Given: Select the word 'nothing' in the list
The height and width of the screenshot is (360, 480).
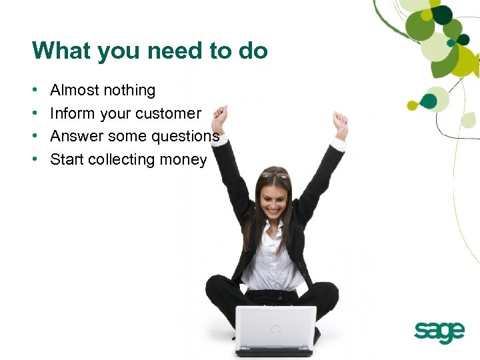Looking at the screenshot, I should point(131,90).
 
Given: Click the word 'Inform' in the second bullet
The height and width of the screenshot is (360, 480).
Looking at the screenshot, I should point(72,113).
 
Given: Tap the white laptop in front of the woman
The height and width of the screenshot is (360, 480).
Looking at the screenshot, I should point(275,328).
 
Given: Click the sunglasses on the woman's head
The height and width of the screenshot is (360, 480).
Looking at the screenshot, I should point(275,175).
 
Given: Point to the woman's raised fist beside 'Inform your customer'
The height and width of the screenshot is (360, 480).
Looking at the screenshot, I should point(219,119).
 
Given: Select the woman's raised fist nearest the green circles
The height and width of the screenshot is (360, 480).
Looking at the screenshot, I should point(341,124).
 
